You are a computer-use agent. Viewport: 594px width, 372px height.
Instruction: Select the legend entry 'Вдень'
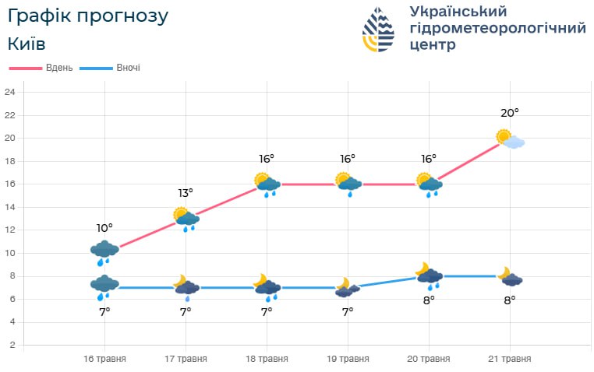[x=59, y=68]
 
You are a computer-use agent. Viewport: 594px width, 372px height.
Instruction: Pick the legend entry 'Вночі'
[x=129, y=68]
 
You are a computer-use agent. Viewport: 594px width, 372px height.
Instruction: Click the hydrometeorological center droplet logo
[x=379, y=30]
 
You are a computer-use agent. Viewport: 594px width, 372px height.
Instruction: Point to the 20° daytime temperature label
[x=509, y=113]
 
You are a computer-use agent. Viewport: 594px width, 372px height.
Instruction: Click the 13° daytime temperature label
[x=185, y=192]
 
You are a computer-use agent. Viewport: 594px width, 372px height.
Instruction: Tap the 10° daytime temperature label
[x=104, y=227]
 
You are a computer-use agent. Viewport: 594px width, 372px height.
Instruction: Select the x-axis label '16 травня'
[x=104, y=359]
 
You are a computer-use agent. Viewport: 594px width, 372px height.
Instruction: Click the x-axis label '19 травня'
[x=348, y=359]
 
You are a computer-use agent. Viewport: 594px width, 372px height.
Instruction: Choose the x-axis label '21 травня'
[x=510, y=359]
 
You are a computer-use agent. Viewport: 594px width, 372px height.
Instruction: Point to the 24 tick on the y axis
[x=10, y=93]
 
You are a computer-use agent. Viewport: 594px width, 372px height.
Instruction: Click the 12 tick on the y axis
[x=10, y=230]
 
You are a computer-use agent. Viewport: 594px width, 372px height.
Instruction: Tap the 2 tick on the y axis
[x=11, y=345]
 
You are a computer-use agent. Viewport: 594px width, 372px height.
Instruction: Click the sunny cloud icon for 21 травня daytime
[x=511, y=139]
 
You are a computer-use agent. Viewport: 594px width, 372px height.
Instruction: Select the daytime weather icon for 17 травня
[x=186, y=219]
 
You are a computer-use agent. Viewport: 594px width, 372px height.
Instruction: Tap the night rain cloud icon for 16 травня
[x=104, y=286]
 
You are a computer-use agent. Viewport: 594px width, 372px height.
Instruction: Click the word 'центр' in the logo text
[x=433, y=45]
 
